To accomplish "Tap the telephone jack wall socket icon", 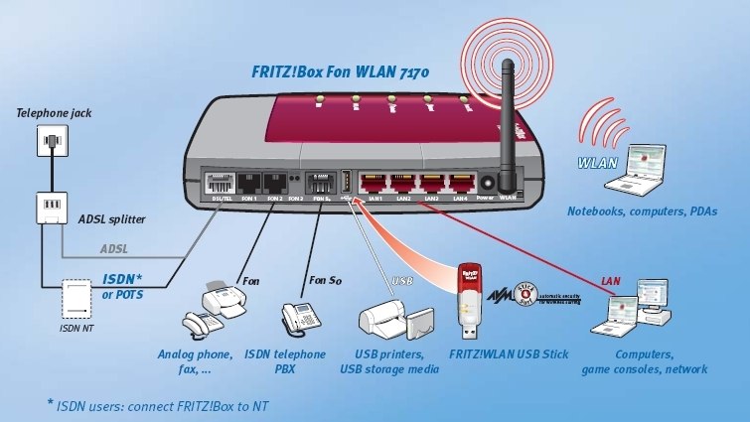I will pos(49,144).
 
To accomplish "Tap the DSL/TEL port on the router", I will pos(218,184).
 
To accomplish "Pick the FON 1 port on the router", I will pos(247,184).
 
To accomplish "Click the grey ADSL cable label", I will pos(114,248).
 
